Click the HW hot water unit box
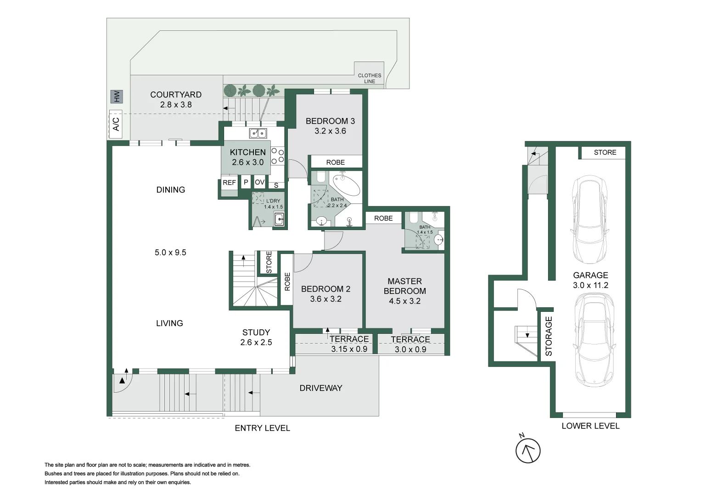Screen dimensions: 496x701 tap(117, 97)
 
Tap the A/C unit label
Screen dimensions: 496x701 tap(116, 124)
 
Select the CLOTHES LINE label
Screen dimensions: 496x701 tap(369, 78)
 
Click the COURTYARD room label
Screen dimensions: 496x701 tap(176, 95)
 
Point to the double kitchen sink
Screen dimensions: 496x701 tap(258, 133)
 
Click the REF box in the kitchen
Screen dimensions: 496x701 tap(229, 182)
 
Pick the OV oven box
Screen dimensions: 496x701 tap(259, 182)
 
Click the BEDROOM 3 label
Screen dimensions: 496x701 tap(330, 121)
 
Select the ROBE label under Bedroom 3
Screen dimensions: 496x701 tap(335, 162)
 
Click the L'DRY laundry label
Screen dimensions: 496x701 tap(273, 201)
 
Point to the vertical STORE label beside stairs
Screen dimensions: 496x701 tap(269, 262)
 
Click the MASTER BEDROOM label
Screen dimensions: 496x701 tap(404, 286)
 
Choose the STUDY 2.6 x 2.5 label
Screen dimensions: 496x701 tap(256, 337)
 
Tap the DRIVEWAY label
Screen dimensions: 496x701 tap(320, 388)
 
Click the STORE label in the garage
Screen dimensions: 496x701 tap(605, 152)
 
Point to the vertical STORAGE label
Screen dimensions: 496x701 tap(549, 336)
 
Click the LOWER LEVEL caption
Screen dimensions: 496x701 tap(590, 426)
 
